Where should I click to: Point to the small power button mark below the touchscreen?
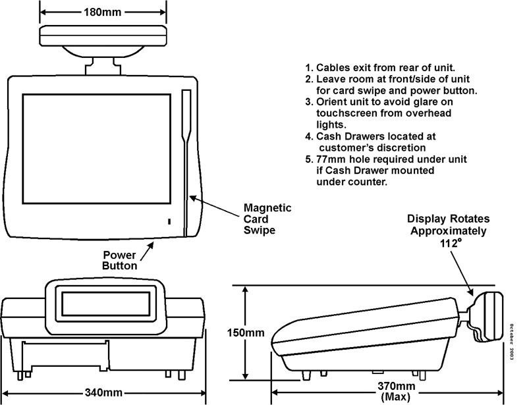[x=169, y=223]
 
